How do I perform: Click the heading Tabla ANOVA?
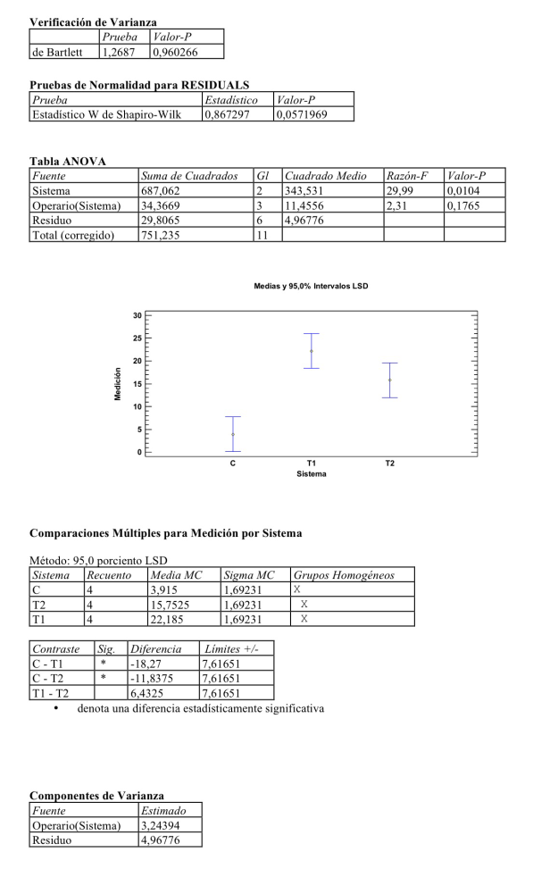[x=68, y=161]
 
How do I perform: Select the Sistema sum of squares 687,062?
[x=161, y=191]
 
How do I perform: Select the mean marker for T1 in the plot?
[x=312, y=351]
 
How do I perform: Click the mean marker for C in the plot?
[x=233, y=434]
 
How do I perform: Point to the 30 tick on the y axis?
[x=137, y=315]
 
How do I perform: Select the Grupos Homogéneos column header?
[x=344, y=575]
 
